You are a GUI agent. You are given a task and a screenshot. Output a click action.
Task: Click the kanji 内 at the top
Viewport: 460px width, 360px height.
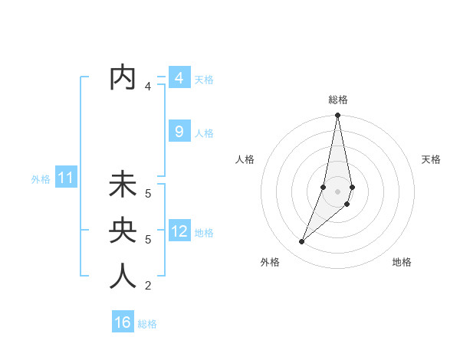pos(123,78)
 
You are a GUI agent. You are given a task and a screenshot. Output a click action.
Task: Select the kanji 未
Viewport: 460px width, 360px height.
pos(123,185)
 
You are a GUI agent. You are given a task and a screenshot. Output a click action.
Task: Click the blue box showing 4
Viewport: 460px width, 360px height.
pos(179,78)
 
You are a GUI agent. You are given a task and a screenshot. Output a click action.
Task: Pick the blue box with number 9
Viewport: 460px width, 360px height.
pos(179,132)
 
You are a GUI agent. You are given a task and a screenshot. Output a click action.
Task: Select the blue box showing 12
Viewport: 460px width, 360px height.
pos(179,231)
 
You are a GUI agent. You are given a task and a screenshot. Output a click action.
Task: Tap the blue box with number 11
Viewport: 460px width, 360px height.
pos(66,178)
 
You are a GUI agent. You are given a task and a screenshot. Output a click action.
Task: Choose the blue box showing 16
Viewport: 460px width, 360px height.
pos(123,322)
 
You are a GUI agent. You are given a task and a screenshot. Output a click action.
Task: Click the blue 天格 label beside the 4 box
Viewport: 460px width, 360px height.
pos(204,80)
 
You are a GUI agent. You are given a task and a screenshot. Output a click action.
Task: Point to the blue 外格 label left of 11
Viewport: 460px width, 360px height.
pos(41,179)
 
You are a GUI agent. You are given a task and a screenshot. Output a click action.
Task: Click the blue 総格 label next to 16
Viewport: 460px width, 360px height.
pos(147,324)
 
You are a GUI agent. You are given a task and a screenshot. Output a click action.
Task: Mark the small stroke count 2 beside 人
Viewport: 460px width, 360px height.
pos(148,286)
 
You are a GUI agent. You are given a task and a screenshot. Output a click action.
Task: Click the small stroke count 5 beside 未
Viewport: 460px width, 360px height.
pos(148,194)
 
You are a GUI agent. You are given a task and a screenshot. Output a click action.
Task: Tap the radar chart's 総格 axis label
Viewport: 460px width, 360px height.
pos(338,100)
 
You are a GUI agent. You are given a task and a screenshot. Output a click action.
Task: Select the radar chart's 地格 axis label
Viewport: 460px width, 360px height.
pos(402,262)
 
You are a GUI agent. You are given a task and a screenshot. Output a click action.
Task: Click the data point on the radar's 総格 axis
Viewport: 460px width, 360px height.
pos(338,116)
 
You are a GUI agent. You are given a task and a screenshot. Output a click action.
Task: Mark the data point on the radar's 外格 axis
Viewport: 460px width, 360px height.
pos(302,241)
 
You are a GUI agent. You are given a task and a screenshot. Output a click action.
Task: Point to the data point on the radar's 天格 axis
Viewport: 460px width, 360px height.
pos(352,188)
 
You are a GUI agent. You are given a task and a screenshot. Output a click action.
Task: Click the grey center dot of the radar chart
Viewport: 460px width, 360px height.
pos(338,191)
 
